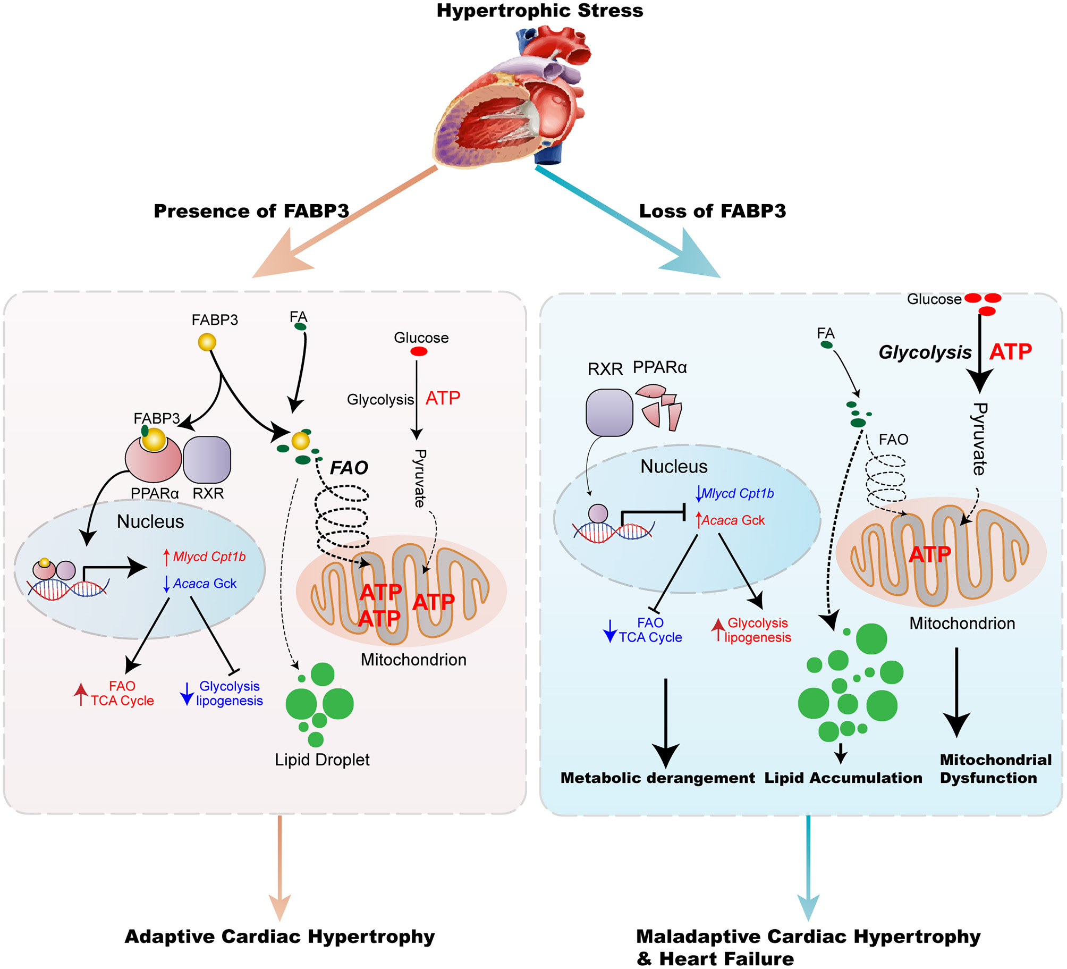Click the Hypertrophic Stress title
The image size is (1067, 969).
pyautogui.click(x=539, y=11)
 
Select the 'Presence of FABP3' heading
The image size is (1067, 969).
pyautogui.click(x=251, y=211)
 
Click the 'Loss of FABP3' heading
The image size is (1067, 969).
pyautogui.click(x=712, y=211)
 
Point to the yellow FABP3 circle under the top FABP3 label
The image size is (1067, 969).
pyautogui.click(x=207, y=342)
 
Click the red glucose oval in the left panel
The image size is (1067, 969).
pyautogui.click(x=419, y=351)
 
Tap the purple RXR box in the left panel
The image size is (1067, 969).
pyautogui.click(x=207, y=459)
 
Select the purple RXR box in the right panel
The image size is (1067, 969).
pyautogui.click(x=609, y=412)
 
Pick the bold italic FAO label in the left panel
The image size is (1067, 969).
pyautogui.click(x=349, y=468)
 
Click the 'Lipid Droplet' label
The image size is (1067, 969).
pyautogui.click(x=322, y=760)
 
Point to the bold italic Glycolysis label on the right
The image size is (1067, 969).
pyautogui.click(x=925, y=352)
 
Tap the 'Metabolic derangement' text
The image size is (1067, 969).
pyautogui.click(x=657, y=778)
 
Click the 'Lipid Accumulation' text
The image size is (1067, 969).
pyautogui.click(x=843, y=778)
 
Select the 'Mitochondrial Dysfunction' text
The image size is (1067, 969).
pyautogui.click(x=995, y=769)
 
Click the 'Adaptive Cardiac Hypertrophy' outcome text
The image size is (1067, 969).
pyautogui.click(x=280, y=936)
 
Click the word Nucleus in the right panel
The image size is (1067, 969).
pyautogui.click(x=674, y=466)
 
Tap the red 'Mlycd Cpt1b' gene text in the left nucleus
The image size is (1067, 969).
pyautogui.click(x=209, y=557)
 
